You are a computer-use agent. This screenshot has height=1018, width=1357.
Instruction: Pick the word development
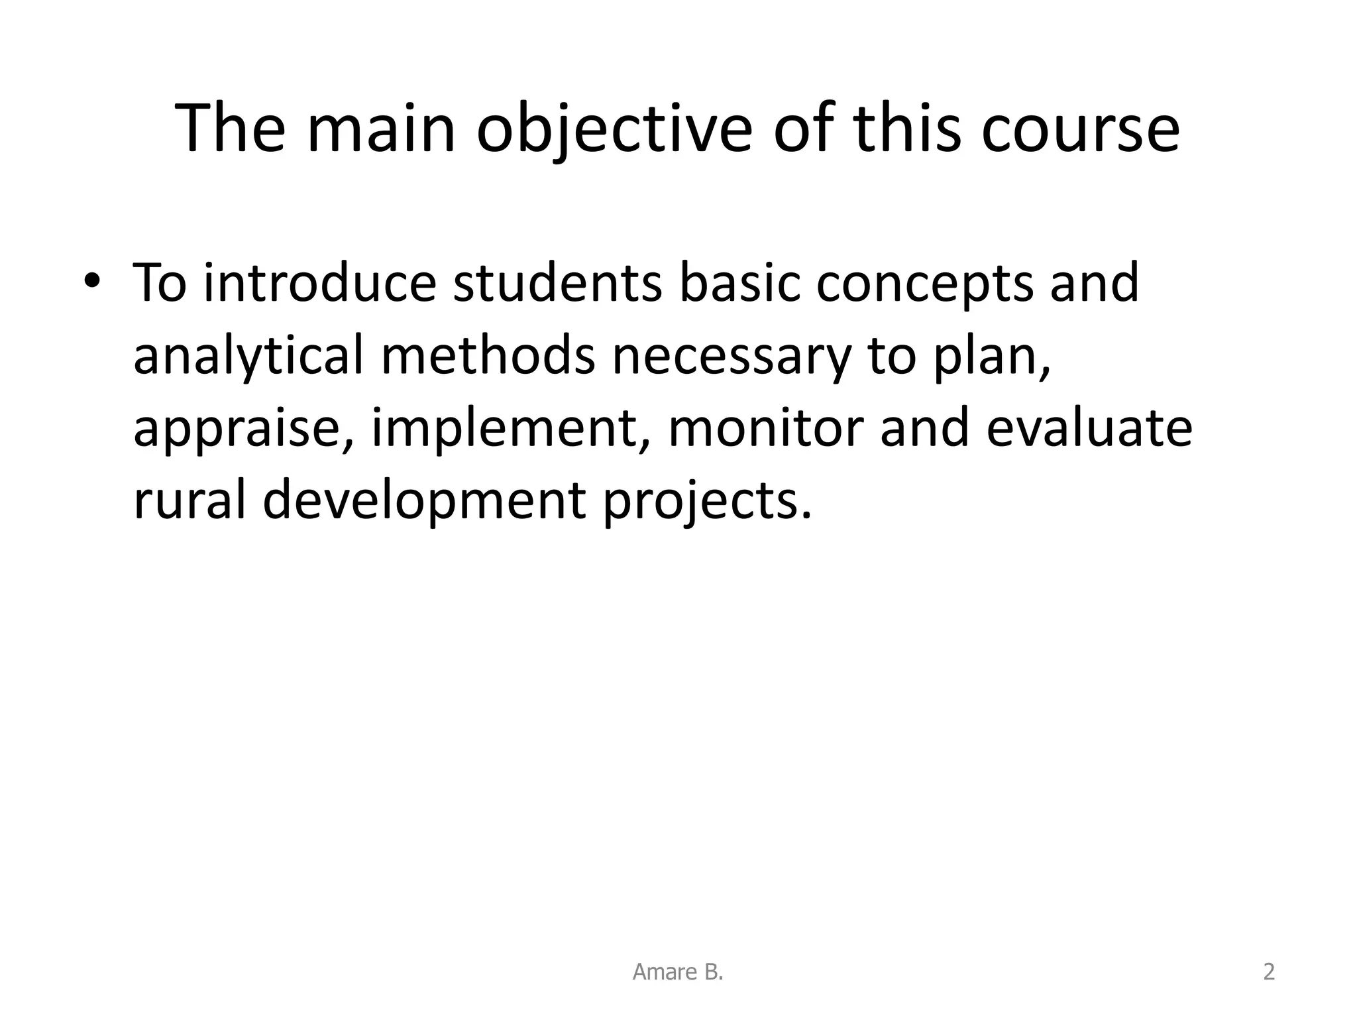click(424, 501)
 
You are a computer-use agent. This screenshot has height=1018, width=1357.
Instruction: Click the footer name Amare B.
click(678, 972)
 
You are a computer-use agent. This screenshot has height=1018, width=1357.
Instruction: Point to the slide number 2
click(1269, 972)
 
